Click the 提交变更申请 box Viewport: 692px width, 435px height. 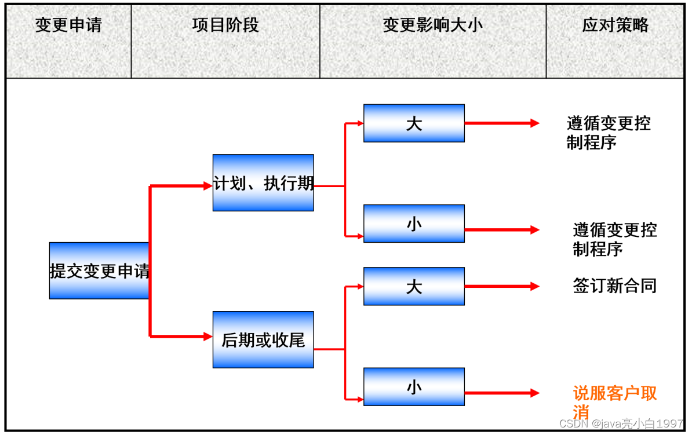99,270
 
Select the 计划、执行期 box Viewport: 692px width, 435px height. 263,183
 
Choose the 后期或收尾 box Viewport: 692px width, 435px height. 263,339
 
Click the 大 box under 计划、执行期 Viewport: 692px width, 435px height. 414,123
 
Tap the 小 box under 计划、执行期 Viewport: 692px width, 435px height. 414,224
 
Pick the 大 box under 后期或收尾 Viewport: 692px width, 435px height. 414,286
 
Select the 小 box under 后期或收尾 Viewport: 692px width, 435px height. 414,386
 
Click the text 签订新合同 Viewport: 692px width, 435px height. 614,286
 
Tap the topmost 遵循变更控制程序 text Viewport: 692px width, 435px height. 608,133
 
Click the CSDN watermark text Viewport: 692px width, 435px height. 622,424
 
